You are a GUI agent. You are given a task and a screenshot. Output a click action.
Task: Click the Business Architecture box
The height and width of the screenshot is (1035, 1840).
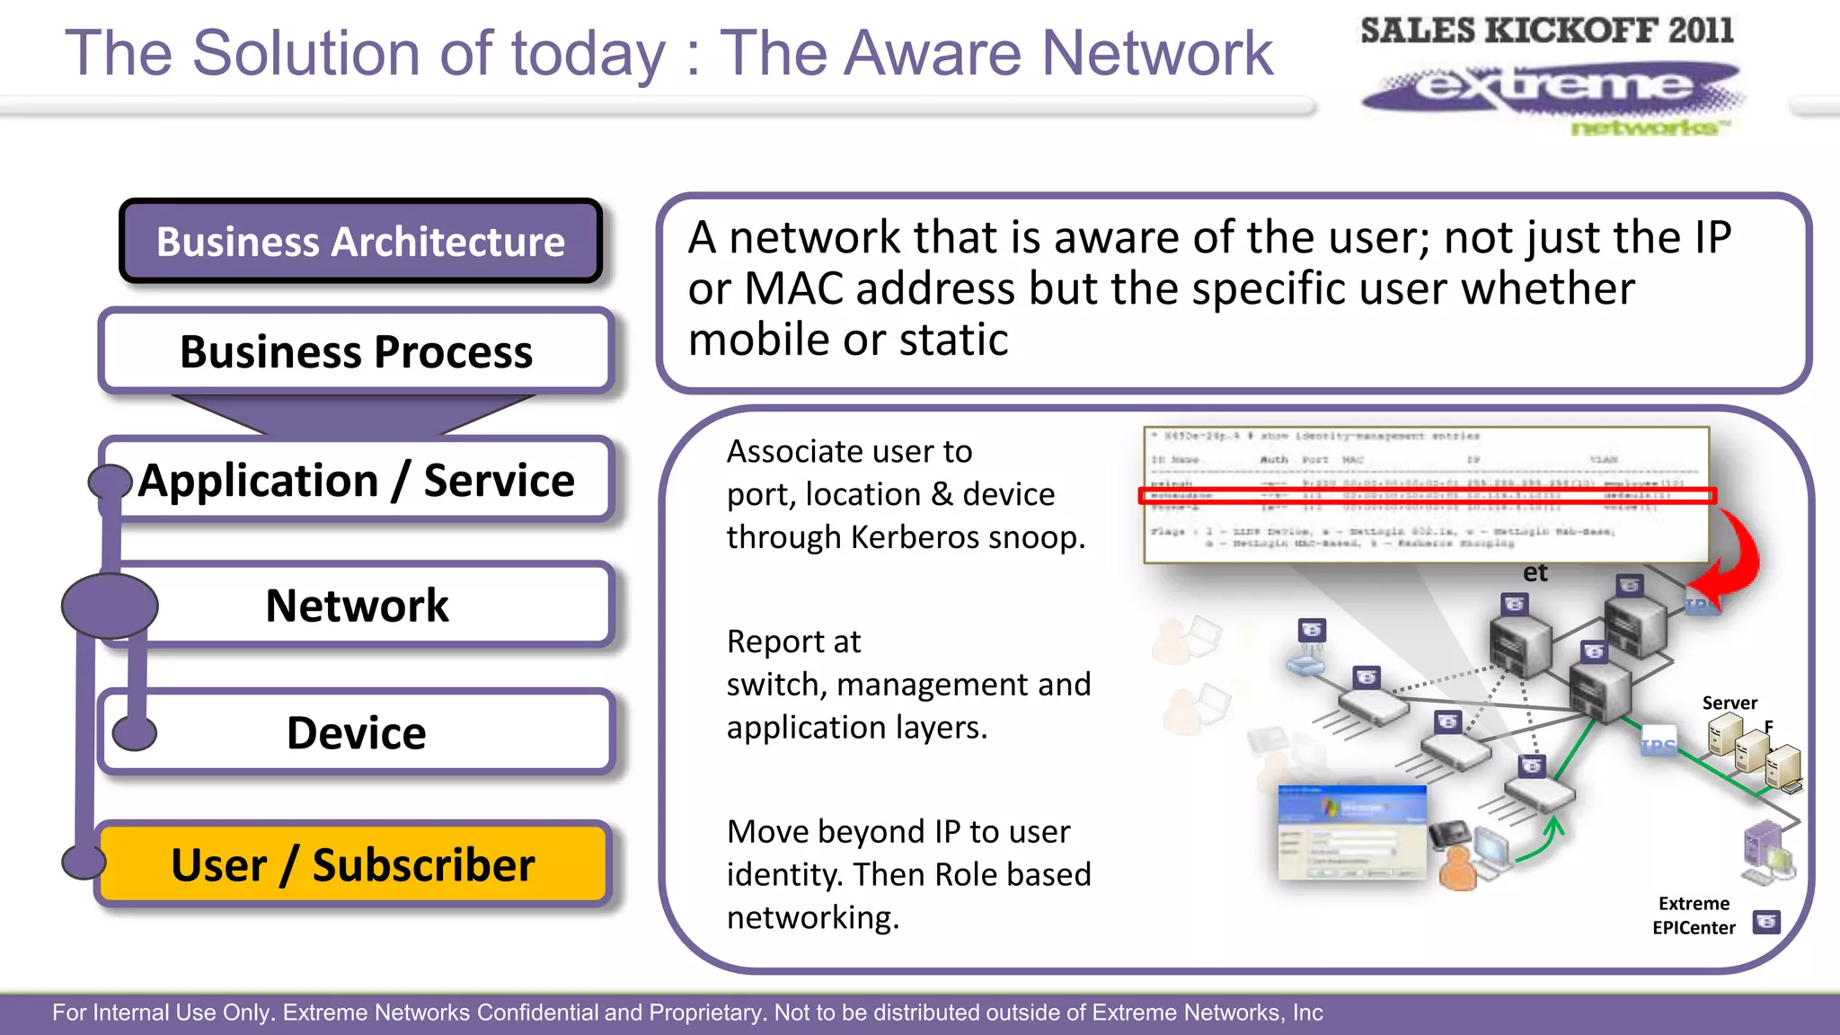click(360, 242)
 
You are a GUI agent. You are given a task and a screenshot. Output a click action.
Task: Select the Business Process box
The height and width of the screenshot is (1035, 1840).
click(356, 351)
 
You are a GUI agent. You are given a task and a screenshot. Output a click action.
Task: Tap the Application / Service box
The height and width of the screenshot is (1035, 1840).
click(356, 480)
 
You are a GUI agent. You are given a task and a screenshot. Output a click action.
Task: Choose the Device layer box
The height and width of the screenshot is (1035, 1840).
click(356, 732)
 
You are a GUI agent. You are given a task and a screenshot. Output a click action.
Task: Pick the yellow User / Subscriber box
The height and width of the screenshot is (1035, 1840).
click(353, 864)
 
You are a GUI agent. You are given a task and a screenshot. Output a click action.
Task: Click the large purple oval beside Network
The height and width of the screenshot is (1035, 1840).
click(110, 606)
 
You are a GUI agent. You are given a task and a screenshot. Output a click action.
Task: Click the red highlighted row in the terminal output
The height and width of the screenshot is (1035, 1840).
click(1427, 495)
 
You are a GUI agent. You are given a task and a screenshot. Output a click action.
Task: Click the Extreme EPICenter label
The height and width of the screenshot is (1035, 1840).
click(1694, 916)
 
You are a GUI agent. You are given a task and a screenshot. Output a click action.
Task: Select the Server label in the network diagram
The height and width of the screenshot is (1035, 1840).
click(1729, 703)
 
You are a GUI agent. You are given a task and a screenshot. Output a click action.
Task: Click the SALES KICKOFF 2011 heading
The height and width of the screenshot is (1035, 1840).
click(1546, 31)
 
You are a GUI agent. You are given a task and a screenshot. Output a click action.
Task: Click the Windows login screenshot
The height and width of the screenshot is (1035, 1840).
click(1351, 832)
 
